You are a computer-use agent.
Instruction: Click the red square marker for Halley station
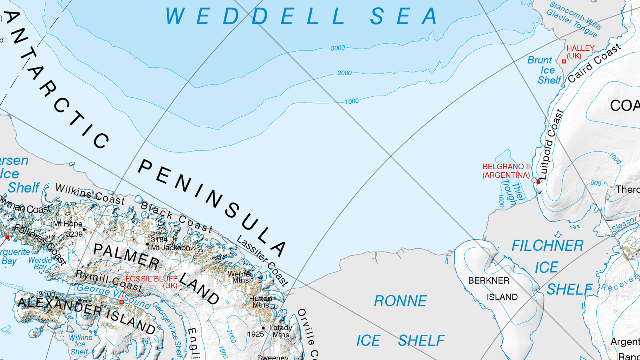click(x=564, y=62)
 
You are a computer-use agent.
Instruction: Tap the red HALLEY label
click(x=580, y=48)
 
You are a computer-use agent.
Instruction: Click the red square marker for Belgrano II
click(x=538, y=182)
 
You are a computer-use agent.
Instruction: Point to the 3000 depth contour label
click(x=338, y=48)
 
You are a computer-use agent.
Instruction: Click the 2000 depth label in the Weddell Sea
click(x=344, y=73)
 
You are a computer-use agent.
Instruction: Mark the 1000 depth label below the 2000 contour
click(x=352, y=102)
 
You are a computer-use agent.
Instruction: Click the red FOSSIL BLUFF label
click(x=151, y=279)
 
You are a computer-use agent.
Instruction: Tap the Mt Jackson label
click(x=171, y=248)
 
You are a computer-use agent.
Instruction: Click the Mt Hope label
click(x=68, y=224)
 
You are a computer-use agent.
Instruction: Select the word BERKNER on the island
click(x=489, y=281)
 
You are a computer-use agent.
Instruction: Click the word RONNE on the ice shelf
click(x=400, y=301)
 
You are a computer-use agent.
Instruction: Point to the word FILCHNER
click(x=547, y=246)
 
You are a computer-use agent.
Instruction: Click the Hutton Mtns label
click(x=260, y=302)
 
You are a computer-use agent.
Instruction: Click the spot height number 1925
click(x=256, y=334)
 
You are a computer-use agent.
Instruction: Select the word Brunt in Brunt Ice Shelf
click(x=539, y=60)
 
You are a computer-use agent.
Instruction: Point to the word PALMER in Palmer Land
click(x=126, y=256)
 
